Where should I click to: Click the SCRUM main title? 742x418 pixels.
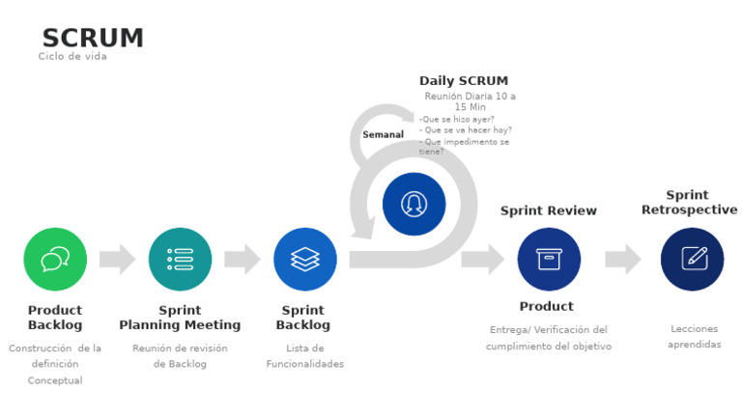[x=93, y=38]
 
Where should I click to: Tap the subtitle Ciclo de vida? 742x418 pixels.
[x=72, y=57]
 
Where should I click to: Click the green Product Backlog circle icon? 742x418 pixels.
[x=55, y=259]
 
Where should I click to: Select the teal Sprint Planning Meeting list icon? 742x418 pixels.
[x=180, y=259]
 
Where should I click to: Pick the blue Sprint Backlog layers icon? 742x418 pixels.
[x=304, y=259]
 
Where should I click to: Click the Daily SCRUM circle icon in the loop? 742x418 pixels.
[x=414, y=204]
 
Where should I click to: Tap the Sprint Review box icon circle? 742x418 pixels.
[x=549, y=259]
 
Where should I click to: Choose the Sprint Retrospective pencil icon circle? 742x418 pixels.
[x=692, y=259]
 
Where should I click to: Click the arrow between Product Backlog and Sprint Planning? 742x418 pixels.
[x=117, y=259]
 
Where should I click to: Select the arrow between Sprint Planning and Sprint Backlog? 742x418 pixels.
[x=242, y=259]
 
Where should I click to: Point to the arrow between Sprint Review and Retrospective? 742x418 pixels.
[x=622, y=259]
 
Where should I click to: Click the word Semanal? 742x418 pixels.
[x=383, y=134]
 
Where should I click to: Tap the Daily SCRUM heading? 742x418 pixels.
[x=463, y=81]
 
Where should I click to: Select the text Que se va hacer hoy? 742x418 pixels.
[x=466, y=130]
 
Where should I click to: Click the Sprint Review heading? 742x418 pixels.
[x=548, y=210]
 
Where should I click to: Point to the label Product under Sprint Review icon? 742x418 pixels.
[x=546, y=306]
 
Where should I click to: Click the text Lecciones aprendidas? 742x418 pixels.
[x=694, y=337]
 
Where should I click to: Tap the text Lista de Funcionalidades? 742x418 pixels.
[x=304, y=356]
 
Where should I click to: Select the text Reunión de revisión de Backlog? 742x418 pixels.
[x=180, y=356]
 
